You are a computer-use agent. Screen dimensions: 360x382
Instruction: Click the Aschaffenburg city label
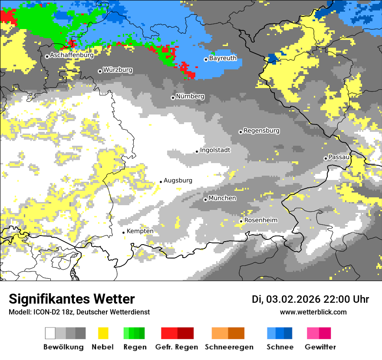tap(72, 56)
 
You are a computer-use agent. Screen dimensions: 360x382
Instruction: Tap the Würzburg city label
tap(118, 70)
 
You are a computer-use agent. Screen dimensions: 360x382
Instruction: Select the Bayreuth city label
tap(223, 58)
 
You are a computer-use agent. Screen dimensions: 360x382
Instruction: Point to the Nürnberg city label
tap(190, 96)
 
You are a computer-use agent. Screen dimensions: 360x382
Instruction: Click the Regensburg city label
tap(261, 131)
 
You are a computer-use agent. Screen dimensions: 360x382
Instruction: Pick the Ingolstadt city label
tap(215, 150)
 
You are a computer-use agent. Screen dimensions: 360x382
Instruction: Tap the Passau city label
tap(339, 157)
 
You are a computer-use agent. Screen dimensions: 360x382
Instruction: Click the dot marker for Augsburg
tap(161, 182)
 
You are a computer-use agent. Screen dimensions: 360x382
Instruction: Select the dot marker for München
tap(205, 200)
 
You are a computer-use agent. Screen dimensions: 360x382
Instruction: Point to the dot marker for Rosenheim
tap(241, 221)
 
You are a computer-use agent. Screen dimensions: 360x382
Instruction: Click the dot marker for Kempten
tap(124, 232)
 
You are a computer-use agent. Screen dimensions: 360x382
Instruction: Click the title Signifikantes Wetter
tap(72, 299)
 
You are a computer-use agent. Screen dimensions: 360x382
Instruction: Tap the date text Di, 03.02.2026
tap(286, 299)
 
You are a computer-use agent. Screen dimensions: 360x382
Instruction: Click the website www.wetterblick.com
tap(313, 312)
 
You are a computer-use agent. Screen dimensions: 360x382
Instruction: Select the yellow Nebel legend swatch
tap(103, 333)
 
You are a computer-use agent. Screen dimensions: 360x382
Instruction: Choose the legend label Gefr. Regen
tap(177, 347)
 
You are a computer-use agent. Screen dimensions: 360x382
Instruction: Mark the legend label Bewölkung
tap(63, 347)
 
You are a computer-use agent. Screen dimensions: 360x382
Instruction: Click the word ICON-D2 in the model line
tap(44, 312)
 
